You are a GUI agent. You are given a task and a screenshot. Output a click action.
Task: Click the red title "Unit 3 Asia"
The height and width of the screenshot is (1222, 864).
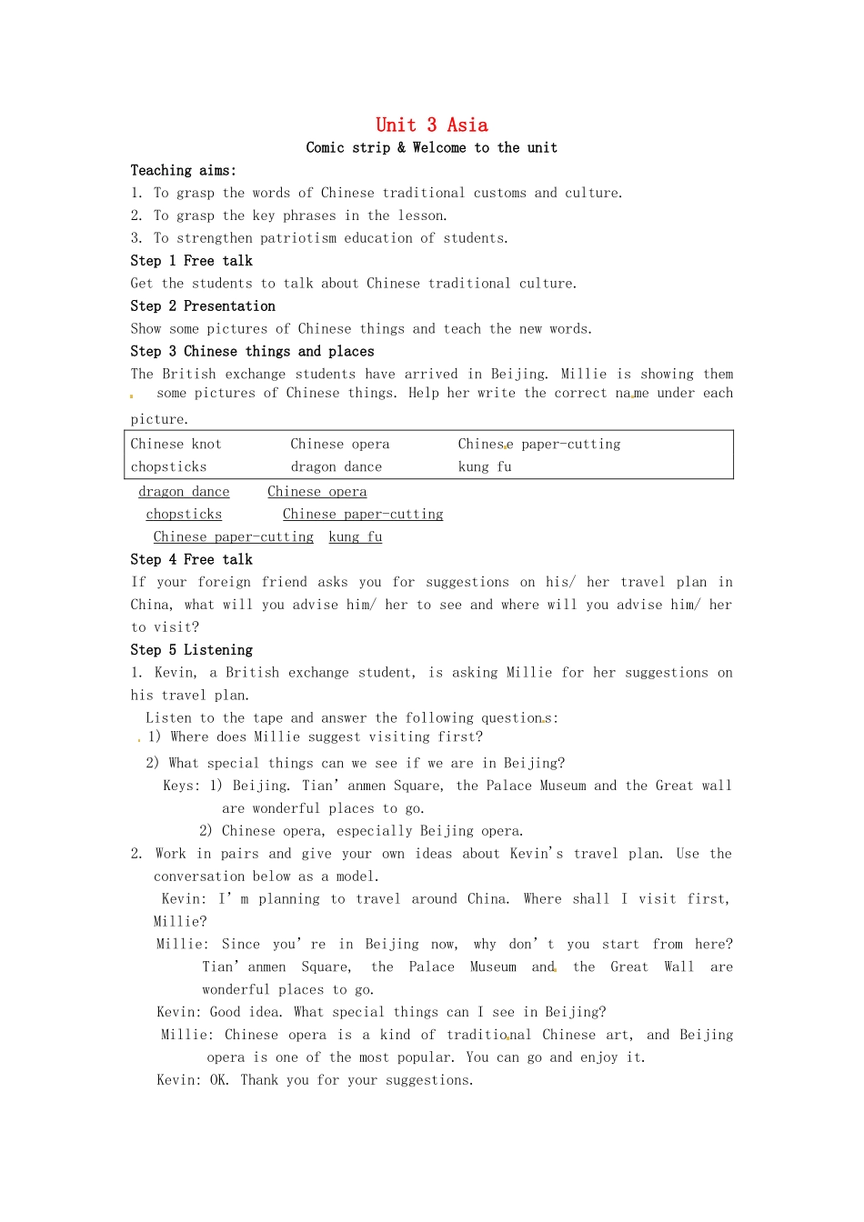click(431, 125)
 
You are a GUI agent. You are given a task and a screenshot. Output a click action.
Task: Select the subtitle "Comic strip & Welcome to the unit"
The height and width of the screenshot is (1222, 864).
click(431, 148)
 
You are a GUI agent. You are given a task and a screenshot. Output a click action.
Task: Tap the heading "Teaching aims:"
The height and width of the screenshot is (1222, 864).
click(183, 171)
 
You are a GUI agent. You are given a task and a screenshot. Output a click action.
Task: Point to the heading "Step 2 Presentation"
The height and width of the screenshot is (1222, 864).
click(202, 306)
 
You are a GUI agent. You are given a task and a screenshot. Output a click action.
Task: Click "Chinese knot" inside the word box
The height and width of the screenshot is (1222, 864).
click(176, 445)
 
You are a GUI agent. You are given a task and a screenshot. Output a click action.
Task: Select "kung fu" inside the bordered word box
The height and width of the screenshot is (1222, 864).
click(485, 467)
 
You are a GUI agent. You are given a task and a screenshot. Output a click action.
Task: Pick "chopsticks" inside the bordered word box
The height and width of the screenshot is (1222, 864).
click(168, 467)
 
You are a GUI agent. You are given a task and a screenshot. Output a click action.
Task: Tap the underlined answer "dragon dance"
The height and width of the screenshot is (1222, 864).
click(184, 492)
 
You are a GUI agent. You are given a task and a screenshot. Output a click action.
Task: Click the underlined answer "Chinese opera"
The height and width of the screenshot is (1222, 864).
click(316, 492)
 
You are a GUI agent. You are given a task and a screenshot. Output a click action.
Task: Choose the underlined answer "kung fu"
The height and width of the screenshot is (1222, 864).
click(355, 537)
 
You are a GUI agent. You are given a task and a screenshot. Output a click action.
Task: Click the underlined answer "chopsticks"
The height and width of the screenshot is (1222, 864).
click(184, 515)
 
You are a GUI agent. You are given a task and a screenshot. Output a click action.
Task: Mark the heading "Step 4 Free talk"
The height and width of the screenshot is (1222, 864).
click(191, 560)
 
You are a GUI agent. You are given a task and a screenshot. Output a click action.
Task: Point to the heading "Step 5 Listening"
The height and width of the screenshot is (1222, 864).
click(191, 650)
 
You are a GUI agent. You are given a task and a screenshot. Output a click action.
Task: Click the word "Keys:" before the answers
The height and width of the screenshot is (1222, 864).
click(181, 786)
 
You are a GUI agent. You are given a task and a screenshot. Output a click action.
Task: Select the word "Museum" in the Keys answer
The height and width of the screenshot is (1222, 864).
click(563, 786)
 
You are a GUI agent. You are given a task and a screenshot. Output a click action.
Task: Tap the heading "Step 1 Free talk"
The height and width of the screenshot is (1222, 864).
click(191, 261)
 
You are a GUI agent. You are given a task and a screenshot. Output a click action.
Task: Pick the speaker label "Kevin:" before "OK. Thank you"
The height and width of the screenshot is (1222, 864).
click(179, 1080)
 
